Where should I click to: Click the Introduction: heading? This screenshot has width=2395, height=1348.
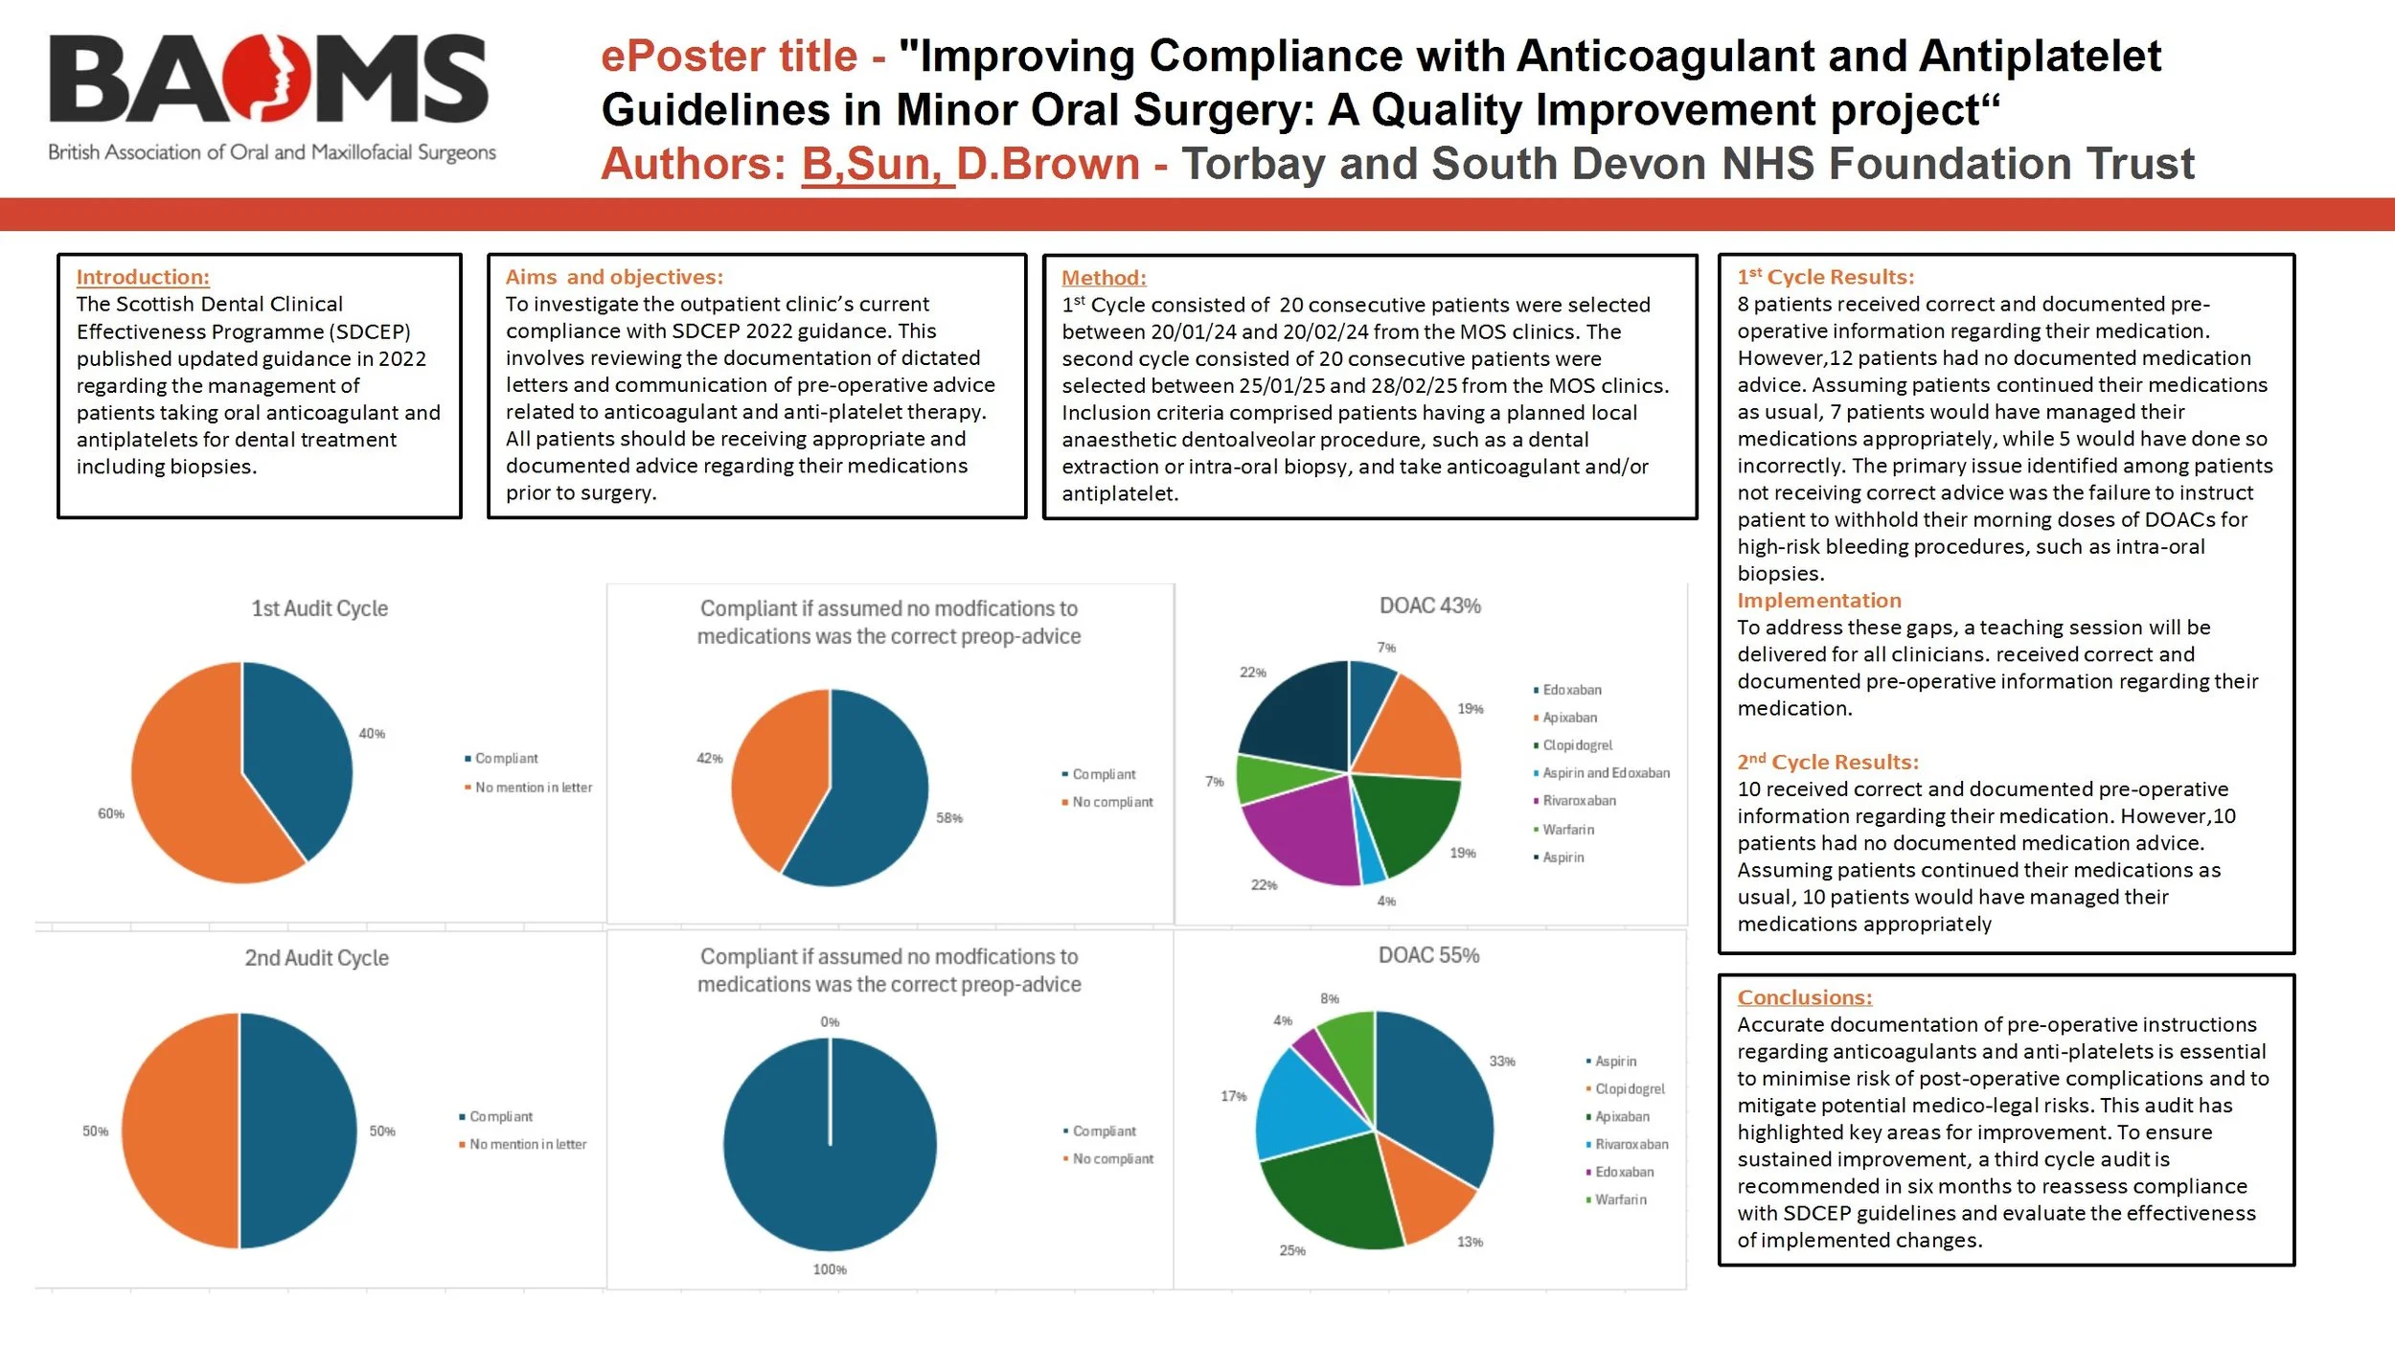pyautogui.click(x=143, y=277)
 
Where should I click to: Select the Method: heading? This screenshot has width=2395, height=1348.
pyautogui.click(x=1104, y=278)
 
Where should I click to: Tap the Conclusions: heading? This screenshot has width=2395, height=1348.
pyautogui.click(x=1804, y=997)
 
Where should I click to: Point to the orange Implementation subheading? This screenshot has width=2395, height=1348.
pyautogui.click(x=1818, y=601)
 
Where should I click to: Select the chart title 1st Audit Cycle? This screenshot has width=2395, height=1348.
pyautogui.click(x=319, y=608)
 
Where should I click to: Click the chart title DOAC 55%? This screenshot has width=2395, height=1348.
pyautogui.click(x=1428, y=955)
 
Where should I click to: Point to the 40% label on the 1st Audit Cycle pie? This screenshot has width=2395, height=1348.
pyautogui.click(x=372, y=734)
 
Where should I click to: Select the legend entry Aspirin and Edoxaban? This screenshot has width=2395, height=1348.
pyautogui.click(x=1606, y=773)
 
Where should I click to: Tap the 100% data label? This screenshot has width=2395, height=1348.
pyautogui.click(x=830, y=1269)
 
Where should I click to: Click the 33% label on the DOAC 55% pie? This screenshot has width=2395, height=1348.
pyautogui.click(x=1501, y=1062)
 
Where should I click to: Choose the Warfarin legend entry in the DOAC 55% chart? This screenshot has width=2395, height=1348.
pyautogui.click(x=1620, y=1199)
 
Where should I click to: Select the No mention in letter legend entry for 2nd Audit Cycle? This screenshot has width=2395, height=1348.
pyautogui.click(x=528, y=1145)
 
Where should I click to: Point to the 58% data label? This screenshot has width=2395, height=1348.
pyautogui.click(x=949, y=818)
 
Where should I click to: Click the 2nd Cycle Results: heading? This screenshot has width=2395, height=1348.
pyautogui.click(x=1828, y=763)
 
